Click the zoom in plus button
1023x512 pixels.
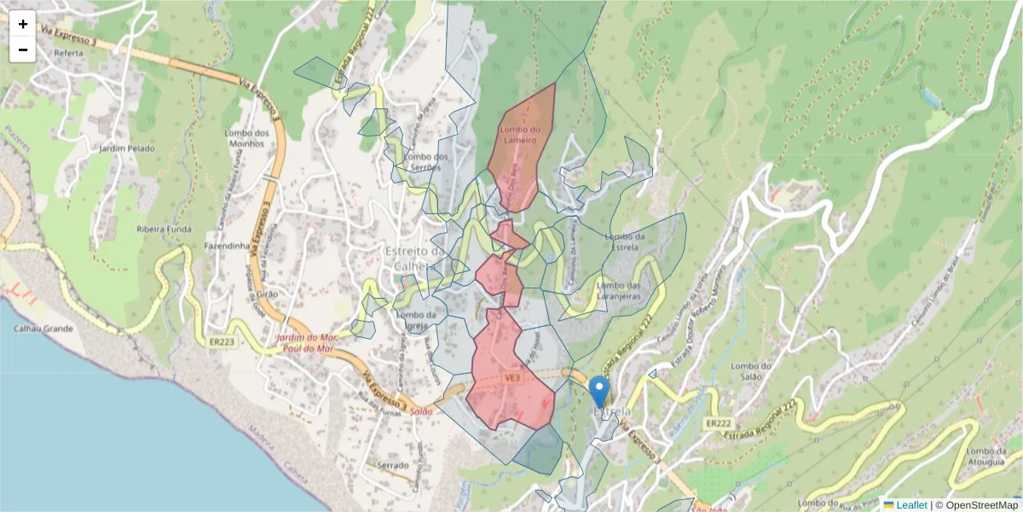(23, 24)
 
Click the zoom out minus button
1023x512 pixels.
(23, 49)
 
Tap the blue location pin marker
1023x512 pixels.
(599, 392)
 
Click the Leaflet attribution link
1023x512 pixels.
(910, 505)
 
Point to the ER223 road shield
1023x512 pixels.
(221, 342)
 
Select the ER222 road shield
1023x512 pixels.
(719, 423)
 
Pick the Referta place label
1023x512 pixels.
(68, 53)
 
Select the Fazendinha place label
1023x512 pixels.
(226, 246)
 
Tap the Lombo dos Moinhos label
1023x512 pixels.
(247, 137)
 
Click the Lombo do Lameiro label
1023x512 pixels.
(520, 135)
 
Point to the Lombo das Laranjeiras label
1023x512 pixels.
(619, 290)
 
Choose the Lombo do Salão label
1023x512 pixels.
(752, 372)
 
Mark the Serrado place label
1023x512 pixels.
(394, 466)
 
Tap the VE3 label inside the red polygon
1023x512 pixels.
(512, 376)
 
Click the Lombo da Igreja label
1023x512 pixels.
(417, 320)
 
